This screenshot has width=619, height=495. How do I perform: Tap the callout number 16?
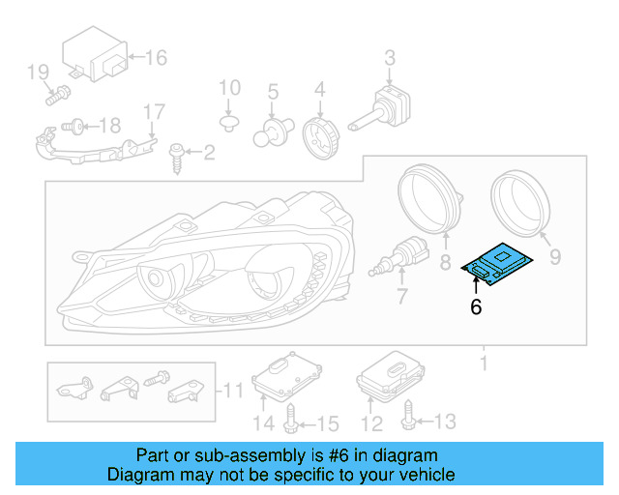click(155, 58)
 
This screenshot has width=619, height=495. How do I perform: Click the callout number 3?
click(389, 57)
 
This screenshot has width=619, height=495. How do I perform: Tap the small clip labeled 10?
click(229, 123)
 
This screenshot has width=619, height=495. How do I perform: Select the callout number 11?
click(234, 391)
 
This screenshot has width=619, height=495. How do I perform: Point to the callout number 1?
click(485, 363)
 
